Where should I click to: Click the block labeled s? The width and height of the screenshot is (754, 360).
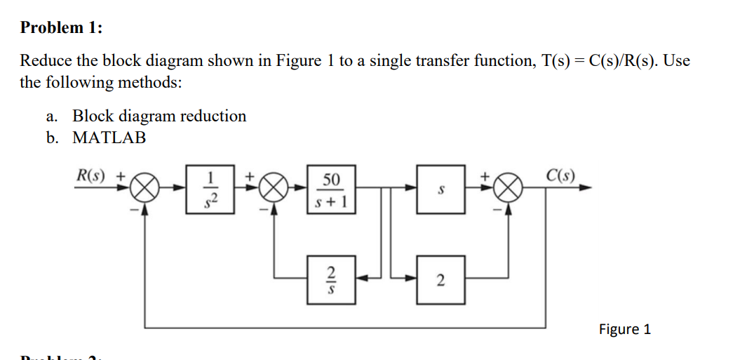point(440,189)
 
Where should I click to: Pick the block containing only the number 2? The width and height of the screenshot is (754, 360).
point(440,279)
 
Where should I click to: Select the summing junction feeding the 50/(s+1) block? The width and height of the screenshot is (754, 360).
point(274,189)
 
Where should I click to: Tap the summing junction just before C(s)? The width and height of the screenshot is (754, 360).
point(511,189)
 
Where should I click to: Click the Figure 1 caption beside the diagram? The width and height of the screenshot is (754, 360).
point(624,329)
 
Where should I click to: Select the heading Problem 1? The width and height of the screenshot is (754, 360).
point(61,28)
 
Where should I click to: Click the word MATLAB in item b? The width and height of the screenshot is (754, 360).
point(109,138)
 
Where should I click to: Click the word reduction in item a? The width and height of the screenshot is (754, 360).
point(213,116)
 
